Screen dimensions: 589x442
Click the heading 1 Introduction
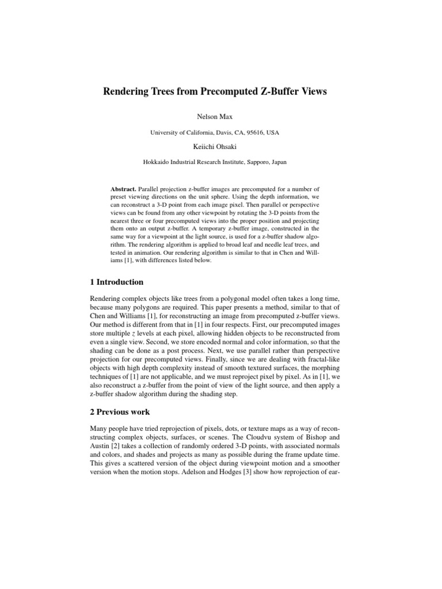pos(117,282)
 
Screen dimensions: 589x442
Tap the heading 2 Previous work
pos(120,411)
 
